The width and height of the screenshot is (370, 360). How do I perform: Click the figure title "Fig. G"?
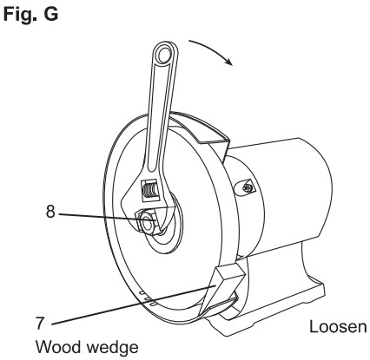(30, 14)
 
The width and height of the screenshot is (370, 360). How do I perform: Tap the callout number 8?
(50, 212)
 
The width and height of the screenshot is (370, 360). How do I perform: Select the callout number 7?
(40, 323)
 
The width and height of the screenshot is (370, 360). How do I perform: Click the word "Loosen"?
(338, 327)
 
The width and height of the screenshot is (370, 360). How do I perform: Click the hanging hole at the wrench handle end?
(164, 55)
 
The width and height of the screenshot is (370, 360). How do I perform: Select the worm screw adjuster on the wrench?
(149, 191)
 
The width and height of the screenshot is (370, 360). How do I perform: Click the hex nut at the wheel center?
(148, 222)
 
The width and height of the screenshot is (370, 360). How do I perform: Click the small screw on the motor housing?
(247, 188)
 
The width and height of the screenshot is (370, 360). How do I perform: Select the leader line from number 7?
(134, 304)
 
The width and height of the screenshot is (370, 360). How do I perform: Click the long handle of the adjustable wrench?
(162, 110)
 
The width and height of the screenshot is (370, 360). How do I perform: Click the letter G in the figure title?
(51, 14)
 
